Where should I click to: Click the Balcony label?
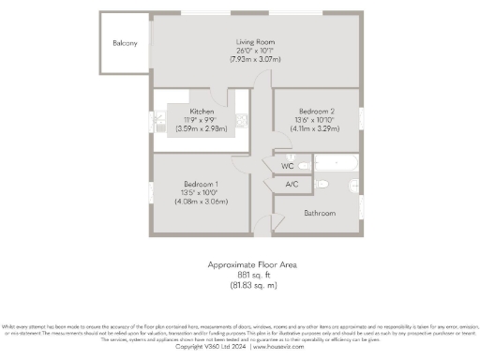(x=125, y=43)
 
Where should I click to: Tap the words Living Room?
(x=253, y=42)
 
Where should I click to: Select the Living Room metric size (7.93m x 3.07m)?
(x=253, y=59)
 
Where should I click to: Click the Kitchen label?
(x=202, y=111)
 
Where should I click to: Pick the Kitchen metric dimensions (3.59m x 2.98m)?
(x=202, y=127)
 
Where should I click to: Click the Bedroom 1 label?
(x=202, y=183)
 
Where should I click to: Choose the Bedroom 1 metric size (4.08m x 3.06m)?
(x=202, y=200)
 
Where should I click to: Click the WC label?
(x=288, y=165)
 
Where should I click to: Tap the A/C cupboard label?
(x=292, y=185)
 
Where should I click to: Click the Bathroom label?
(x=319, y=213)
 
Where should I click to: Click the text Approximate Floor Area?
(x=252, y=265)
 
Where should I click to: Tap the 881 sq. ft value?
(x=252, y=275)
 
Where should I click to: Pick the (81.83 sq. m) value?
(x=252, y=284)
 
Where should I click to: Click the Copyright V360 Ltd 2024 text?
(x=211, y=346)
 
